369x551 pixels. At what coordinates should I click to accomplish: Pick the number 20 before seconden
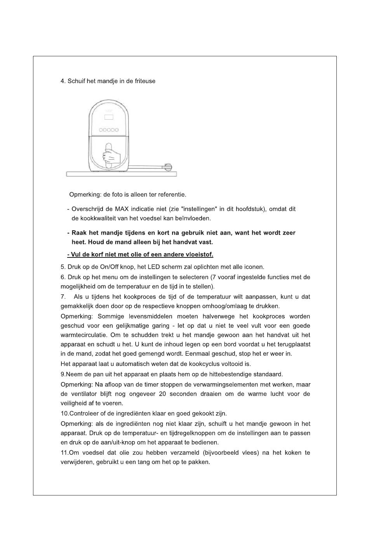coord(162,394)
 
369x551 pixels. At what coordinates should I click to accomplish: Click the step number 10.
coord(64,414)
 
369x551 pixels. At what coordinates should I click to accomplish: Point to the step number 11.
coord(64,453)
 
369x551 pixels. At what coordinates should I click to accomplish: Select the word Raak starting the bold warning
coord(79,233)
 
